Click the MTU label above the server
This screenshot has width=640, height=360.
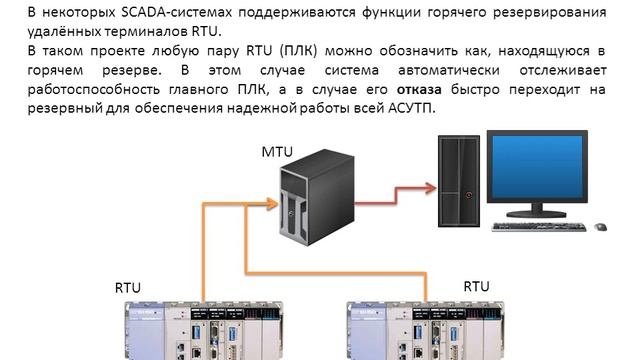276,151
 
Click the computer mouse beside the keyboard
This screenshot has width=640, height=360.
600,226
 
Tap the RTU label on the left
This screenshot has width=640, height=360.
128,287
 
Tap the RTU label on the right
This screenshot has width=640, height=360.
477,286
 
